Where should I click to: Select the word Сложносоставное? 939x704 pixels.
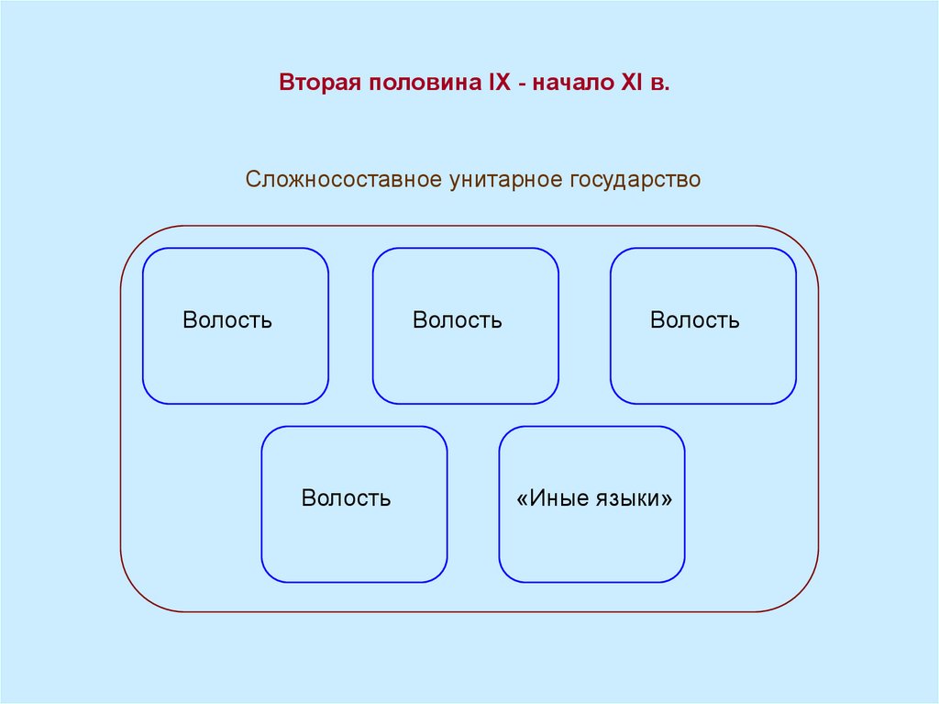click(x=343, y=179)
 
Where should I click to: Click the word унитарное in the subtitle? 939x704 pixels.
click(x=502, y=179)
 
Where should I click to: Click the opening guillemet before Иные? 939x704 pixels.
click(x=523, y=498)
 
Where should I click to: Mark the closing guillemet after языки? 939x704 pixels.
click(x=667, y=498)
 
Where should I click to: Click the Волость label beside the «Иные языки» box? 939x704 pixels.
click(x=347, y=498)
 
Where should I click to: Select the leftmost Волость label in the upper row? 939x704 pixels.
click(x=227, y=320)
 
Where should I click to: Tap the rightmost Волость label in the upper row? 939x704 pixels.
click(x=695, y=320)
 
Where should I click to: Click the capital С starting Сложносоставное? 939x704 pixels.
click(x=252, y=179)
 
